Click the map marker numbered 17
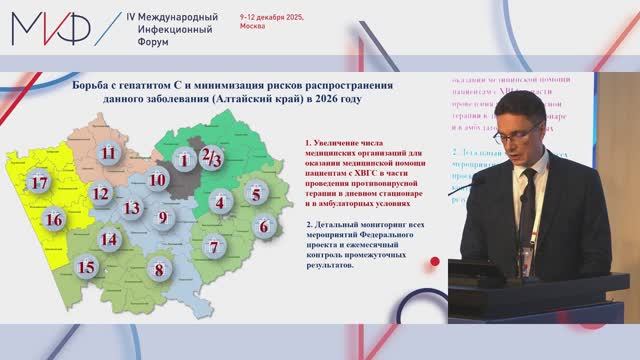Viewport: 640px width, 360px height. (x=39, y=183)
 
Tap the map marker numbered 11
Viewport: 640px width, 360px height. (x=109, y=153)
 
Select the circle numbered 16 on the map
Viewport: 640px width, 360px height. (x=55, y=220)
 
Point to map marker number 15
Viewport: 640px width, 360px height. (x=87, y=266)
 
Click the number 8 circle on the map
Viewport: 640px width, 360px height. (x=156, y=268)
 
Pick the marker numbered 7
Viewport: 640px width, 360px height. (x=212, y=246)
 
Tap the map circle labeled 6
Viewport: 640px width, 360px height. (x=264, y=226)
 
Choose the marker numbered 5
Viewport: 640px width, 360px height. (x=256, y=194)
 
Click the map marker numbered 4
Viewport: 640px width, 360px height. (x=218, y=203)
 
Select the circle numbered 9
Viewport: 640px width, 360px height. (x=164, y=217)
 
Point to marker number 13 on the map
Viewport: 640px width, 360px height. (x=131, y=208)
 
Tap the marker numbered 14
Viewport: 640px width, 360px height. (x=109, y=239)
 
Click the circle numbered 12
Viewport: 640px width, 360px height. (x=99, y=193)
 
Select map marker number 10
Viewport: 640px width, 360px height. (x=157, y=181)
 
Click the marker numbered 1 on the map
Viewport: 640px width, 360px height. (x=183, y=159)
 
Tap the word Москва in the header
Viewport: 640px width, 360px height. (x=253, y=30)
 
